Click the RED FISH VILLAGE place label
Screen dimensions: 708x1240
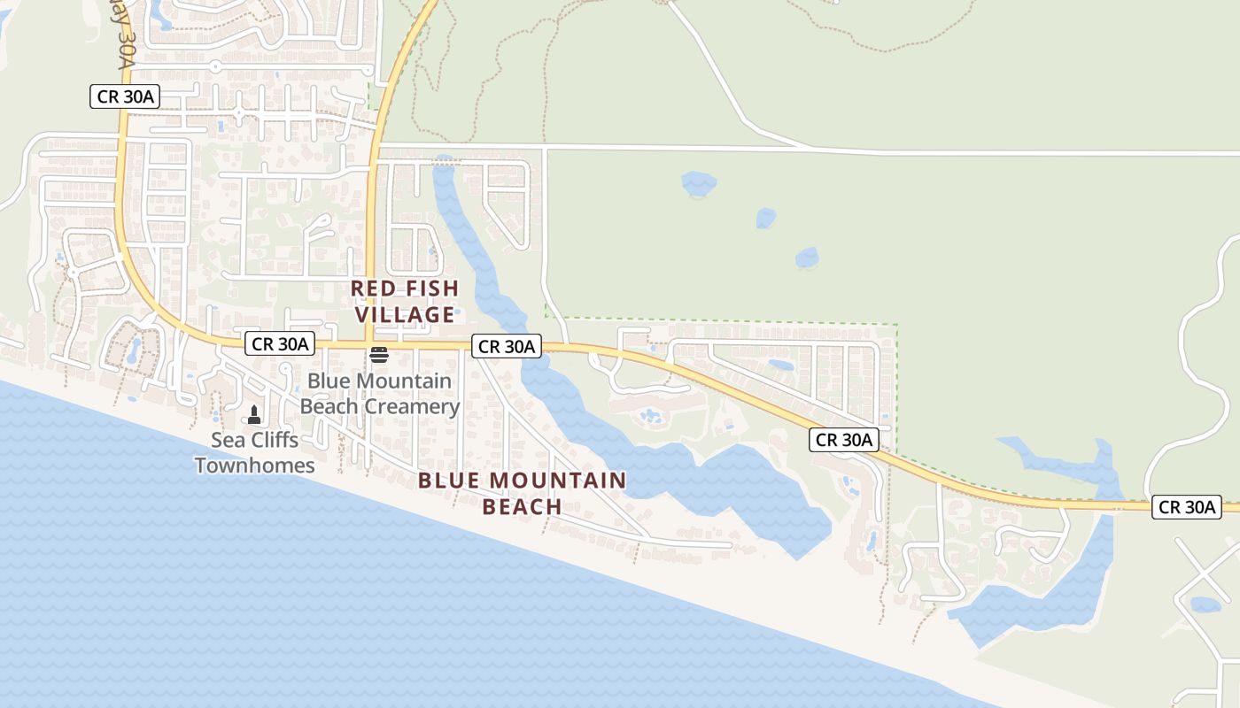(405, 302)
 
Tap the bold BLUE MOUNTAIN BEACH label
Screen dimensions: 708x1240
(523, 494)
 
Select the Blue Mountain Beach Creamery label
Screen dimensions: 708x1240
(379, 394)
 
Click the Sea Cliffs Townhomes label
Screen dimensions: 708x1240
(255, 452)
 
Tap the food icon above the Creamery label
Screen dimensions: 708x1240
(379, 356)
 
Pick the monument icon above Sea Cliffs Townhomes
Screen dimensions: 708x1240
(254, 414)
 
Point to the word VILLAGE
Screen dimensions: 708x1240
(405, 315)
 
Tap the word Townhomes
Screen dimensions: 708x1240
(255, 466)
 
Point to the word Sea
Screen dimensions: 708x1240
(227, 440)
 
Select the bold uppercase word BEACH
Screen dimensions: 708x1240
(523, 507)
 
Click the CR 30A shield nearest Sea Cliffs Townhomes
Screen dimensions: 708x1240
(281, 344)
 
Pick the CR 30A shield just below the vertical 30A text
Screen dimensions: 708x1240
(125, 96)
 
